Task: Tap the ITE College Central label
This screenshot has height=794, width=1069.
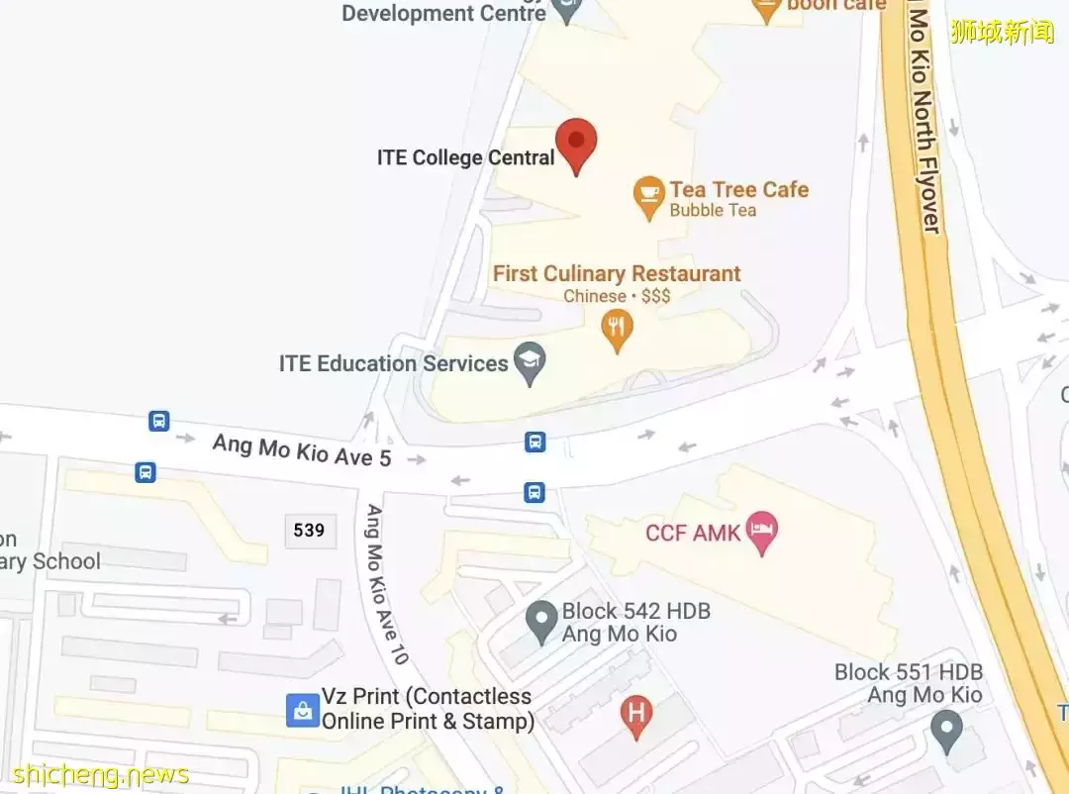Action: tap(465, 157)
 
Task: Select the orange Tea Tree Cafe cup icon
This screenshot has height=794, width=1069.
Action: tap(648, 198)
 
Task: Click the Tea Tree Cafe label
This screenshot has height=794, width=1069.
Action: tap(738, 189)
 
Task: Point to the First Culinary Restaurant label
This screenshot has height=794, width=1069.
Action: tap(617, 273)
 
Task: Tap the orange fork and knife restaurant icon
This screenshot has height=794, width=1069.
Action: tap(618, 330)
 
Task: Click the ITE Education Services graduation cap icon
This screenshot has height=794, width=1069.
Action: tap(531, 363)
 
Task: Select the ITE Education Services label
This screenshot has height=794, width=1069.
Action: tap(393, 363)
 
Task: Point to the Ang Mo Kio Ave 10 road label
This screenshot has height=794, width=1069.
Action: tap(387, 584)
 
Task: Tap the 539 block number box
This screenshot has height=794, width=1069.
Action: tap(309, 531)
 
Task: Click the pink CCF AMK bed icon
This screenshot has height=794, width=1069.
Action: tap(761, 532)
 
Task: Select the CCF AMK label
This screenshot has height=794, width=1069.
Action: tap(693, 534)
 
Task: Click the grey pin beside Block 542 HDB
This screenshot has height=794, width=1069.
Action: tap(540, 622)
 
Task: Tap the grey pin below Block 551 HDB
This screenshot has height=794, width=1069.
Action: tap(947, 733)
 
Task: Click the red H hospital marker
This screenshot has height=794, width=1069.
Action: tap(635, 714)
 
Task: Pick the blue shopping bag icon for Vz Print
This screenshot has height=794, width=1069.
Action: tap(302, 709)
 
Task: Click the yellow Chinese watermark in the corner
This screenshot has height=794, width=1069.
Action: tap(1002, 33)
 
